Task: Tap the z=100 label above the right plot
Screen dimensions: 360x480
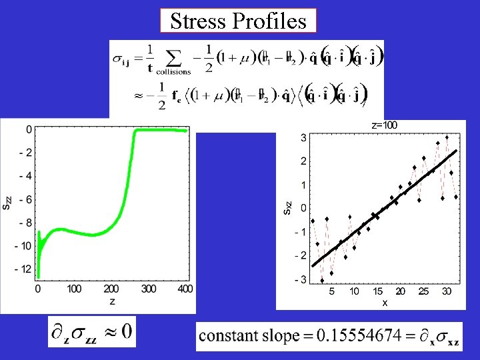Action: (x=384, y=125)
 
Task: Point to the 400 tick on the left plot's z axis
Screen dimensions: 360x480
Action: (x=185, y=289)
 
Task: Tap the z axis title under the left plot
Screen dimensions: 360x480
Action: (x=112, y=301)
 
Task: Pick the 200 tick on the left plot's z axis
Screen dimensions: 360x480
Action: (x=112, y=289)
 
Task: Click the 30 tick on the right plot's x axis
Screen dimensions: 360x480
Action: (x=447, y=291)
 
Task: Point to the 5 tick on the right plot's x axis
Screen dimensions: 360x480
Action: (x=332, y=291)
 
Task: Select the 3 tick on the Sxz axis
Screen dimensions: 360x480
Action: (x=303, y=138)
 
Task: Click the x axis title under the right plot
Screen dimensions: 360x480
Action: (x=385, y=303)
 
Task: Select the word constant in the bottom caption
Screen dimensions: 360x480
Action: (x=231, y=335)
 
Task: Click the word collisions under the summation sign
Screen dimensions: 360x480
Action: (x=173, y=71)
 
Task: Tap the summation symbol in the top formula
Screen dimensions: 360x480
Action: (x=174, y=56)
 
